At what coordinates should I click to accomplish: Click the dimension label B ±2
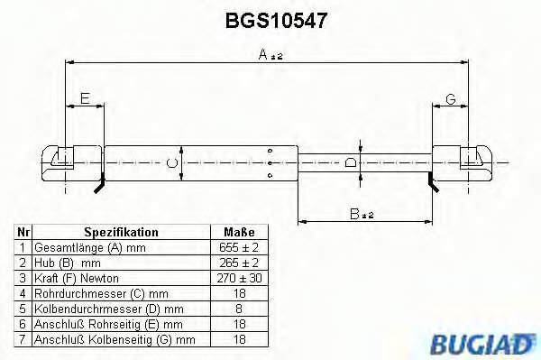pos(362,213)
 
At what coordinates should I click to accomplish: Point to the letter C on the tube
pos(172,163)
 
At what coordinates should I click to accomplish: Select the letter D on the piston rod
pos(351,163)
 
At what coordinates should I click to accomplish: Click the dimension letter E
pos(85,98)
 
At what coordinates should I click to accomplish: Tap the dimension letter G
pos(450,98)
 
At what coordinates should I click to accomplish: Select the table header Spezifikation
pos(121,232)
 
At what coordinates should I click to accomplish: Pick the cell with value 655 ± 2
pos(239,247)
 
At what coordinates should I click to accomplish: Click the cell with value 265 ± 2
pos(239,263)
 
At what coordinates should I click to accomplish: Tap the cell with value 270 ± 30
pos(239,278)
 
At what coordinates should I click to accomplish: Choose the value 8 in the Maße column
pos(239,309)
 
